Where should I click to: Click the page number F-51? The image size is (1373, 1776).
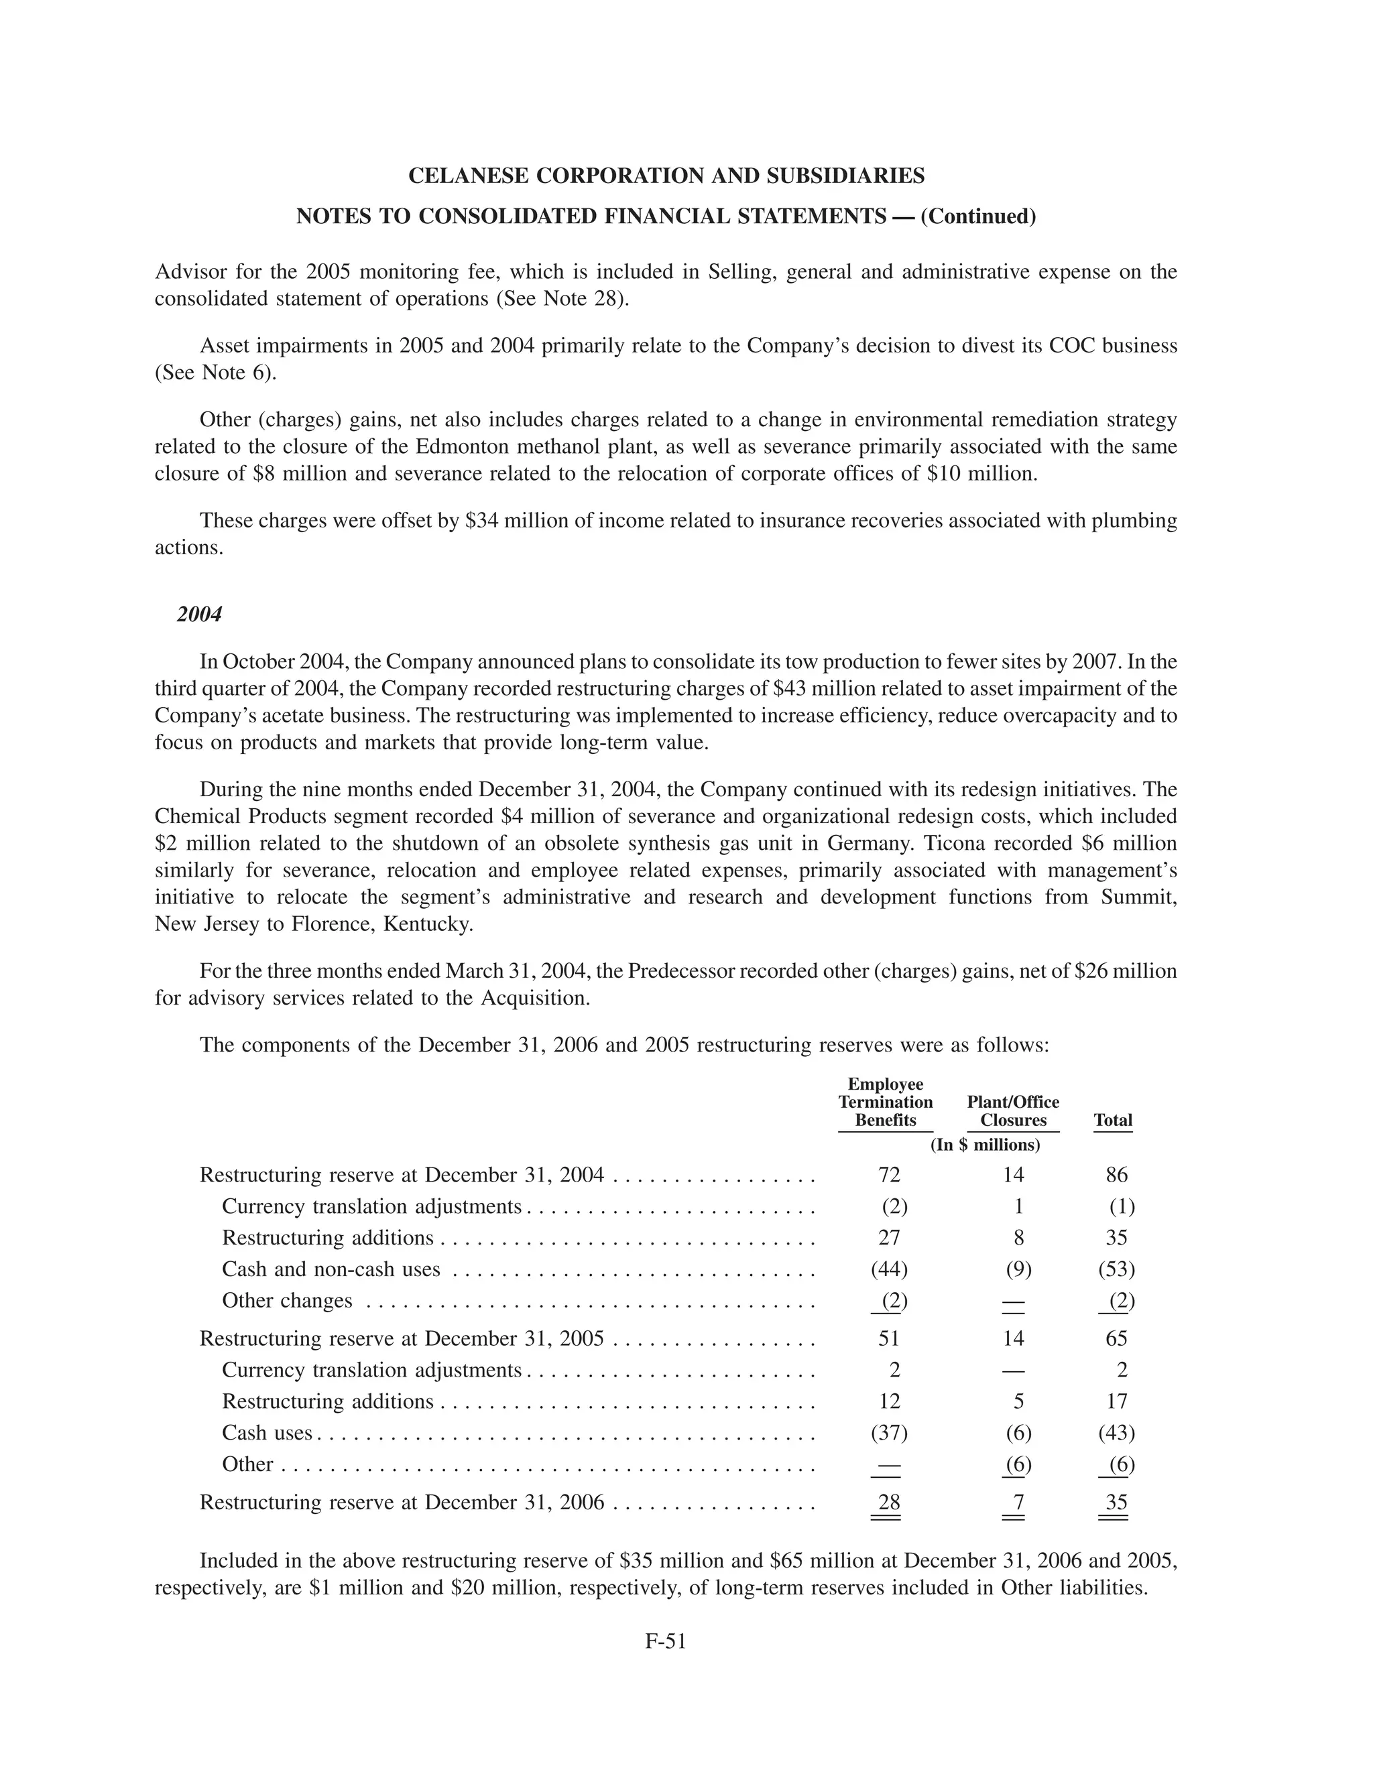point(665,1642)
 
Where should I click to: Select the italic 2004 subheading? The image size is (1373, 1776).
point(199,614)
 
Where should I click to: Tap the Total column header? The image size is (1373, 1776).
point(1113,1120)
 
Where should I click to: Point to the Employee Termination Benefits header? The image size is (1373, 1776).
point(885,1102)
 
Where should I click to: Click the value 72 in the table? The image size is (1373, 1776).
point(889,1174)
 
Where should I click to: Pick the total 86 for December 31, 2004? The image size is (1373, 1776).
point(1117,1174)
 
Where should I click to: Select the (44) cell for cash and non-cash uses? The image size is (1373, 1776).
point(889,1269)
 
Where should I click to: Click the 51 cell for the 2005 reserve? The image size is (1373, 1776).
point(889,1338)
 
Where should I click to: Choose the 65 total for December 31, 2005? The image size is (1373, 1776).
point(1117,1338)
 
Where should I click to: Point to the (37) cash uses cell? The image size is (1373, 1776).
point(889,1432)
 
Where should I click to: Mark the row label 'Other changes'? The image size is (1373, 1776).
point(287,1300)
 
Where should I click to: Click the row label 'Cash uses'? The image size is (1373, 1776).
point(267,1432)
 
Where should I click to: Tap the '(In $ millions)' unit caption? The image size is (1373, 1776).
point(985,1145)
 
